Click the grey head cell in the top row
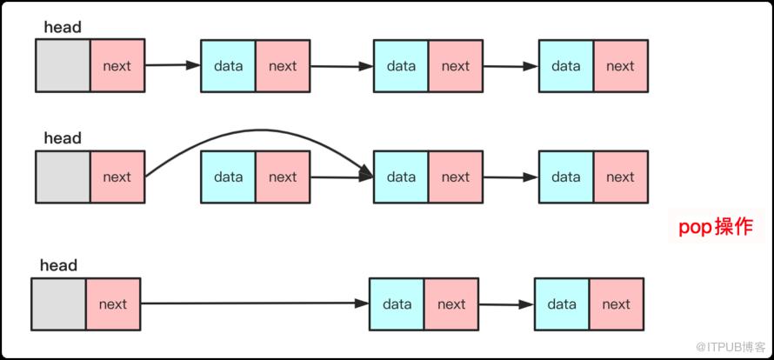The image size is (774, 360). tap(63, 66)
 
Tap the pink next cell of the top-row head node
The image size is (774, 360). tap(117, 66)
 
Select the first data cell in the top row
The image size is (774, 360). tap(228, 66)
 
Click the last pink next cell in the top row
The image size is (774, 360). tap(620, 66)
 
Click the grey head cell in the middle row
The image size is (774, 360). tap(63, 177)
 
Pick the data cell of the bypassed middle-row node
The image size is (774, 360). tap(228, 177)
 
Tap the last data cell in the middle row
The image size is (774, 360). tap(566, 177)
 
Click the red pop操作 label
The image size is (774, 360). tap(716, 227)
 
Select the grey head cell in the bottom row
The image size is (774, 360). tap(59, 304)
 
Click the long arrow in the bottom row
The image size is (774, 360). tap(255, 303)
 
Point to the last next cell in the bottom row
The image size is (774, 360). tap(616, 304)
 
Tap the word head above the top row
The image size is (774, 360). tap(63, 27)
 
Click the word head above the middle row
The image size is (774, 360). tap(63, 138)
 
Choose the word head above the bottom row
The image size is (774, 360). tap(59, 266)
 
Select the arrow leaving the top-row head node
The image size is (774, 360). tap(173, 64)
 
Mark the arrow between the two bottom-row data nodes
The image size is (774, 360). tap(506, 304)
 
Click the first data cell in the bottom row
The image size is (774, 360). tap(397, 304)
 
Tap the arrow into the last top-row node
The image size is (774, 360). tap(510, 66)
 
